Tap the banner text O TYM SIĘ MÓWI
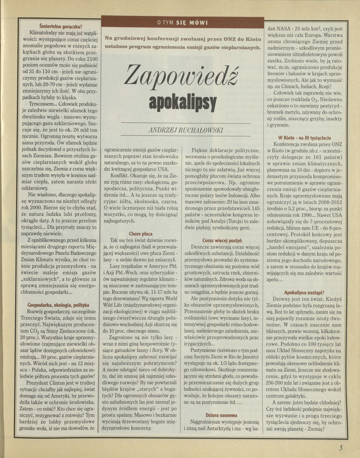(x=183, y=22)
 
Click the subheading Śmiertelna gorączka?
(x=59, y=26)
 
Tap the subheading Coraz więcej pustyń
(x=222, y=240)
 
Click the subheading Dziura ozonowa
(x=222, y=415)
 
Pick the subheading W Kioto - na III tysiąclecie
(x=304, y=138)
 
